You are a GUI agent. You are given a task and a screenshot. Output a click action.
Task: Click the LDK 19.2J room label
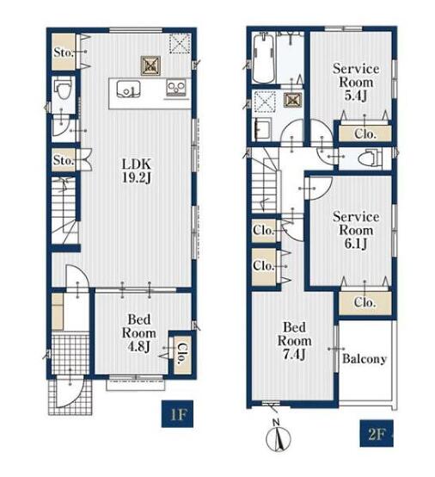tap(137, 171)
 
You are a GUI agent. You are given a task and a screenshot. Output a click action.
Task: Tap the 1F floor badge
tap(177, 414)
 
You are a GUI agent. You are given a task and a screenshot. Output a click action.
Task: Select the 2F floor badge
tap(377, 433)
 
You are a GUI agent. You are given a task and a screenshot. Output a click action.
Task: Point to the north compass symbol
tap(278, 436)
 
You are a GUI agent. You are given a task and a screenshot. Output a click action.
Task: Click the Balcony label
tap(365, 359)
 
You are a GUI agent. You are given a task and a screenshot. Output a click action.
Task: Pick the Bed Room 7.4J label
tap(294, 341)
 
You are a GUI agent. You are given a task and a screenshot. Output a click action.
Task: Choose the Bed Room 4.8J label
tap(138, 333)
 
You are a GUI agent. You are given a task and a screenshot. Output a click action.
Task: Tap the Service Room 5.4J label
tap(356, 82)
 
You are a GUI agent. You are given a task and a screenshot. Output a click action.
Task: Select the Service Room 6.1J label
tap(356, 230)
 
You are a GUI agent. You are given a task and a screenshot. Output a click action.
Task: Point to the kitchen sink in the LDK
tap(128, 90)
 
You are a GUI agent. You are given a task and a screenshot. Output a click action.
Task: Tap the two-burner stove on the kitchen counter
tap(176, 89)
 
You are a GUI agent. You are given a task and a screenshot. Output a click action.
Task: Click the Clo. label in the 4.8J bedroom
tap(181, 354)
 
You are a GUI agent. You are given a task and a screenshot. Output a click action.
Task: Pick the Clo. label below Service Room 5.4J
tap(365, 133)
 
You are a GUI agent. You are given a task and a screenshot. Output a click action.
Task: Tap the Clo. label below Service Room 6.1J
tap(365, 302)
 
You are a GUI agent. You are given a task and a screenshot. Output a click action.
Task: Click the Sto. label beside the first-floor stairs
tap(64, 160)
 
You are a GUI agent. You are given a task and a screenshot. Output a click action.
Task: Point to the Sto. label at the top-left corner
tap(64, 53)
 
